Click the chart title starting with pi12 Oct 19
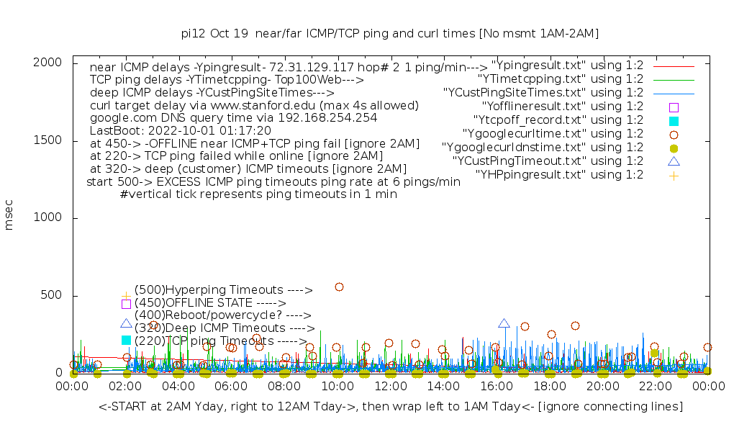(390, 34)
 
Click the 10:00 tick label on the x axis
(337, 387)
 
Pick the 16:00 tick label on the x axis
(497, 387)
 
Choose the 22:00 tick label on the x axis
(656, 387)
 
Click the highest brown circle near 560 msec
(339, 287)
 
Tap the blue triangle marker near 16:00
(504, 324)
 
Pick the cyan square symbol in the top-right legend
(674, 120)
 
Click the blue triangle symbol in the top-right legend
(674, 161)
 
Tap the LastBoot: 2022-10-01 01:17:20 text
(181, 130)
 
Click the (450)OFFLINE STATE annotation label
(210, 303)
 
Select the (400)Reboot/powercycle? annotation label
(222, 315)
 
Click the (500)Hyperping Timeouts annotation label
(223, 290)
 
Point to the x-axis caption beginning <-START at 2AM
(391, 407)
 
